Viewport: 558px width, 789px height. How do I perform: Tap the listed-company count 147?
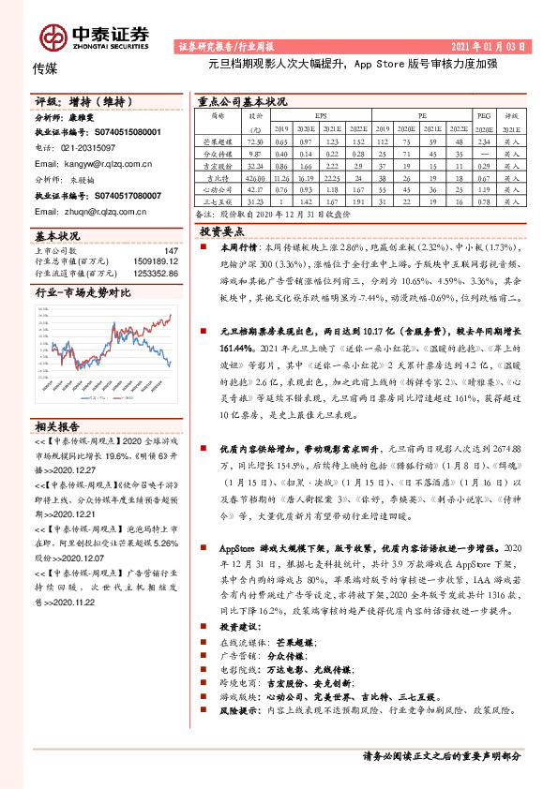tap(171, 250)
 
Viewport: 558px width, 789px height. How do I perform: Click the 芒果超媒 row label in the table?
tap(218, 139)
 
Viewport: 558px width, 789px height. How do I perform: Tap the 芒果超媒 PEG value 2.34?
tap(484, 139)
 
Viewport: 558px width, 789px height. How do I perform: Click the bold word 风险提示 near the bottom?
tap(240, 737)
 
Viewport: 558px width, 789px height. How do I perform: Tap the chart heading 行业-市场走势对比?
tap(83, 294)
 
